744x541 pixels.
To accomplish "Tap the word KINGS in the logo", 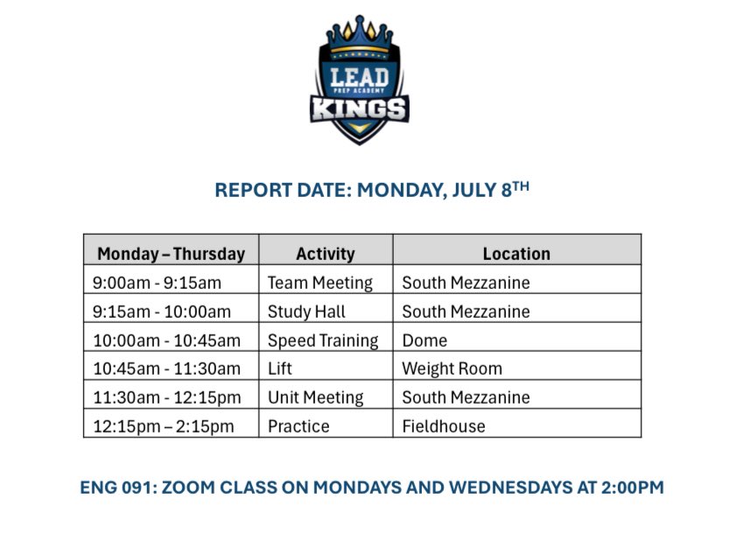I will tap(359, 109).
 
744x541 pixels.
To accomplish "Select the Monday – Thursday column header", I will tap(171, 254).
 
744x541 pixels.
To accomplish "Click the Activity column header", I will tap(326, 254).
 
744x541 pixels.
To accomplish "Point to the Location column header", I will tap(516, 254).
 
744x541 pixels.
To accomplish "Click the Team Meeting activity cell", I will tap(319, 283).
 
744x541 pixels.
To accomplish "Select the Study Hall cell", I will tap(306, 312).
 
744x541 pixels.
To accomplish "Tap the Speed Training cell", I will tap(323, 341).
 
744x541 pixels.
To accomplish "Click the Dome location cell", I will tap(425, 341).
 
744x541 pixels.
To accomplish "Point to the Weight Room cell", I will tap(452, 369).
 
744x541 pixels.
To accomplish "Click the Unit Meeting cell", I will tap(315, 397).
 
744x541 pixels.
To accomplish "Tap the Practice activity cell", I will tap(298, 426).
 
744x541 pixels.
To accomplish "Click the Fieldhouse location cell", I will tap(443, 426).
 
